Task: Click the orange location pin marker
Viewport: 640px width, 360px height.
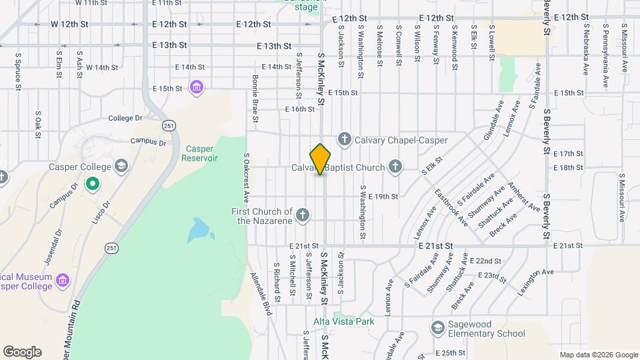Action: tap(321, 159)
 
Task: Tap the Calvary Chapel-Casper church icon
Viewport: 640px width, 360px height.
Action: tap(344, 139)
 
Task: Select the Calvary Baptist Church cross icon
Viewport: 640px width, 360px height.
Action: tap(395, 166)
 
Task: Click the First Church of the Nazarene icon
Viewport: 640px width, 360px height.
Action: tap(303, 215)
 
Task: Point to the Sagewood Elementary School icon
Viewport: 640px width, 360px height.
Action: tap(437, 328)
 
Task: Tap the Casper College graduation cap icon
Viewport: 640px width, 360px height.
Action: tap(121, 165)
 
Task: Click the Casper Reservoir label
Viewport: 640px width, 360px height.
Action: tap(202, 153)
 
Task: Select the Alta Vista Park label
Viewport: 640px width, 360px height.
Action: tap(344, 321)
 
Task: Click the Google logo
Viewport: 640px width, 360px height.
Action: tap(22, 352)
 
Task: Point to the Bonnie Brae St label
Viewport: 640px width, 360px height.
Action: tap(255, 99)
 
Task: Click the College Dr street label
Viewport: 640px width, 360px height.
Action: tap(126, 118)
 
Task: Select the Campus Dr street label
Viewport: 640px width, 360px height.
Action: tap(148, 141)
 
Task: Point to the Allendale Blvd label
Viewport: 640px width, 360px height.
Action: tap(262, 294)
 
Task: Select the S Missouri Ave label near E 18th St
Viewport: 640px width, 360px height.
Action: tap(621, 198)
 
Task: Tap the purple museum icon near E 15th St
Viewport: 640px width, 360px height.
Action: tap(196, 87)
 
